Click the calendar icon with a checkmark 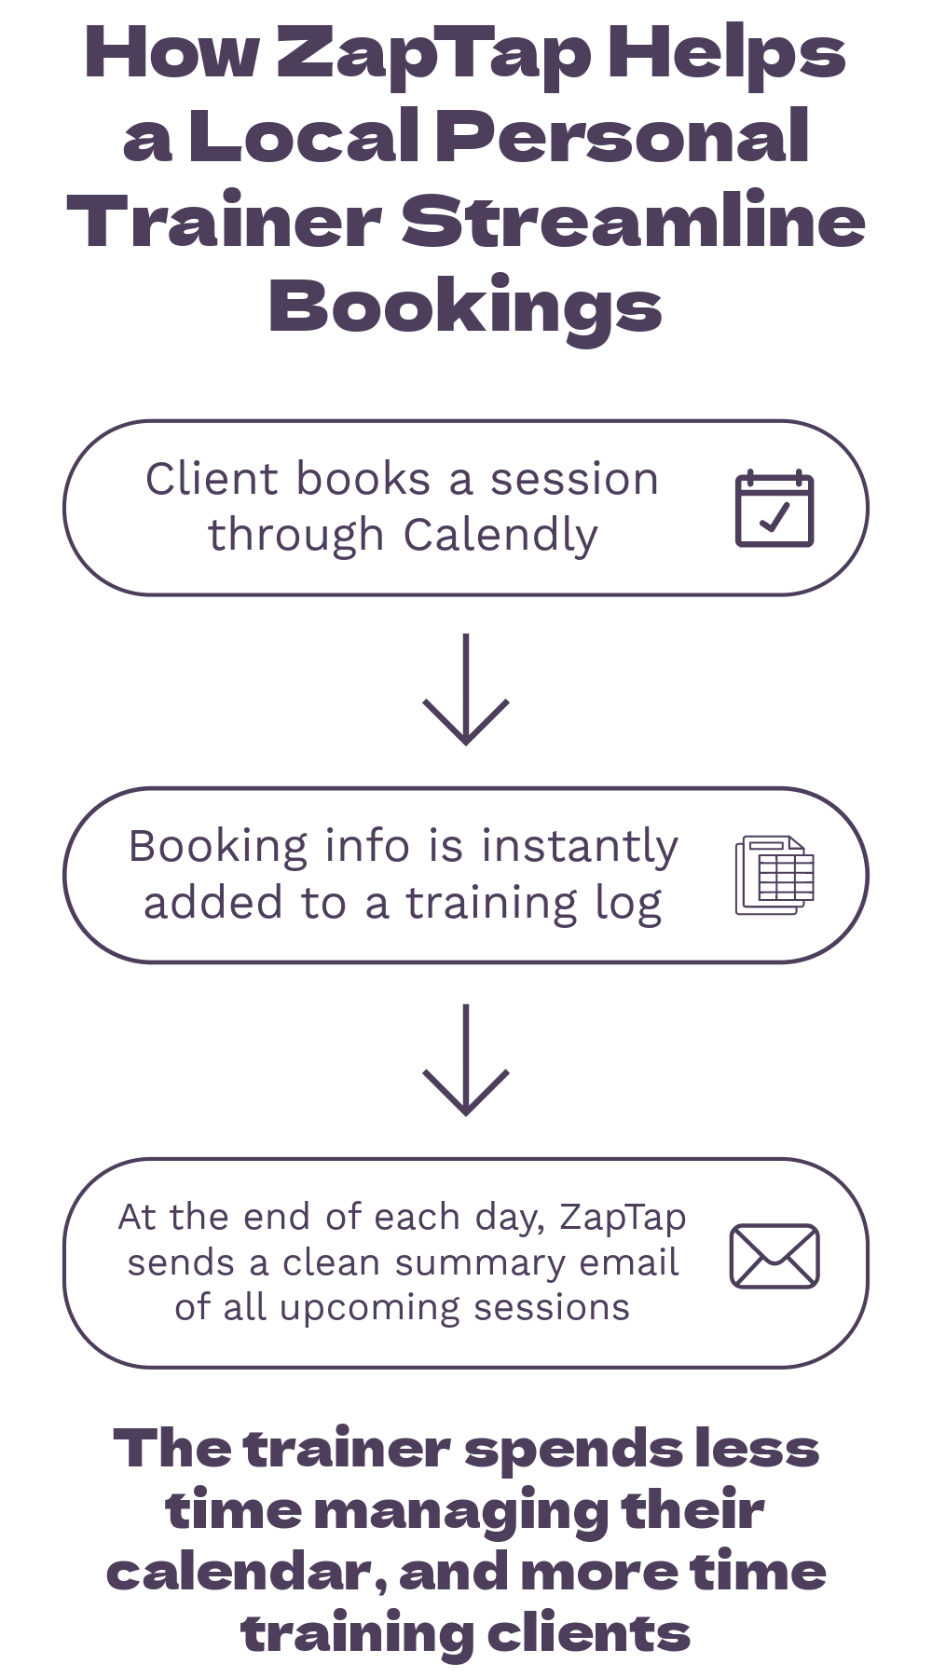tap(774, 509)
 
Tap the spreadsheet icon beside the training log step tap(774, 876)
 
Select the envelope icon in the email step tap(774, 1257)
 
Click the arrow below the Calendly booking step tap(466, 689)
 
